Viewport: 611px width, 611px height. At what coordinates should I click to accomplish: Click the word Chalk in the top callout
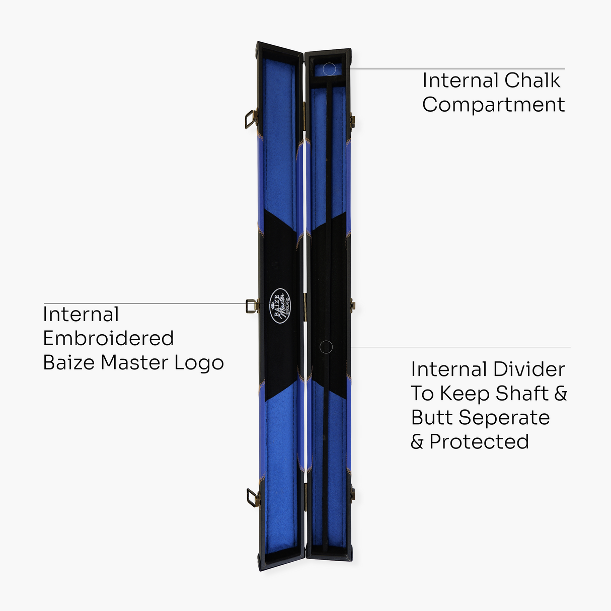pyautogui.click(x=532, y=81)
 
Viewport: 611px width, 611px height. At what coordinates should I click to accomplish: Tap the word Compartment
pyautogui.click(x=493, y=105)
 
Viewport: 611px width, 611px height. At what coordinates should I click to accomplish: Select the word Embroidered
pyautogui.click(x=108, y=338)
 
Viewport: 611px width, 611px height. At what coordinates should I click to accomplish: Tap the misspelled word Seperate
pyautogui.click(x=504, y=418)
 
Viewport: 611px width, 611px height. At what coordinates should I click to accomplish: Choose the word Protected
pyautogui.click(x=479, y=442)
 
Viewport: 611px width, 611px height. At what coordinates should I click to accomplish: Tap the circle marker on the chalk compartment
pyautogui.click(x=329, y=68)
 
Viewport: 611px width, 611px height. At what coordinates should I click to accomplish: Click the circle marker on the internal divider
pyautogui.click(x=326, y=347)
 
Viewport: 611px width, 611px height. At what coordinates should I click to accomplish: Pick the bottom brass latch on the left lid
pyautogui.click(x=253, y=498)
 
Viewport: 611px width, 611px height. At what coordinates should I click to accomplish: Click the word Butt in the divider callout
pyautogui.click(x=432, y=418)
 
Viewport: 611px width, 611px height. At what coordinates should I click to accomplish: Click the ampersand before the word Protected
pyautogui.click(x=417, y=442)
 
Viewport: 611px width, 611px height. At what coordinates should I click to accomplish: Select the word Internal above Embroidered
pyautogui.click(x=81, y=315)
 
